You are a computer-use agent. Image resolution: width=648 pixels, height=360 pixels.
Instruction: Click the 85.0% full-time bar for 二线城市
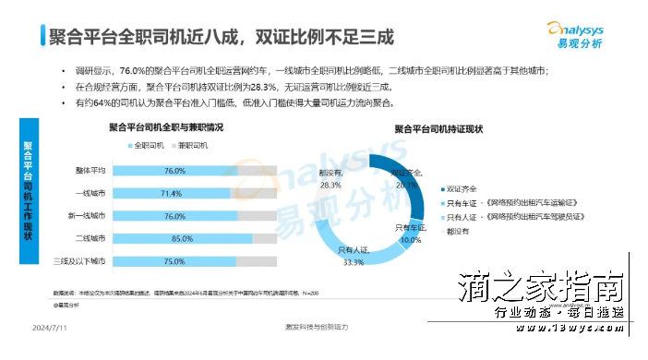175,238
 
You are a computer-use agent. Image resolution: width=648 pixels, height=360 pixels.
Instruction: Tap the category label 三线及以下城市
83,261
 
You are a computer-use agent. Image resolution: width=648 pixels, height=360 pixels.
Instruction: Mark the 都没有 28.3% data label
330,177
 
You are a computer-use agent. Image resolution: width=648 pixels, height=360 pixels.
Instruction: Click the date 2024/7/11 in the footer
48,328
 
